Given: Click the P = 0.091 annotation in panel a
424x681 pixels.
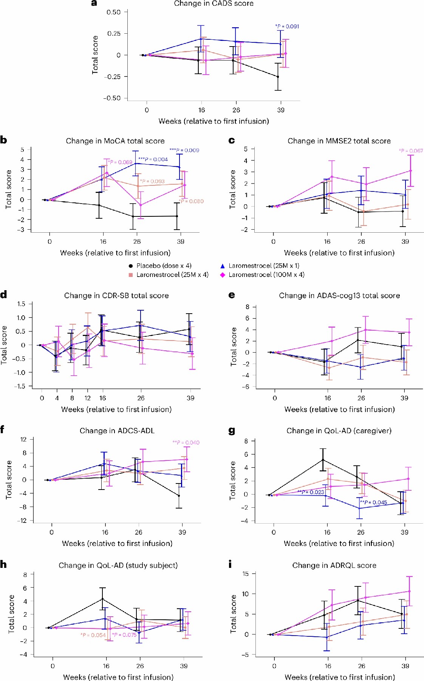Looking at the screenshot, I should (287, 26).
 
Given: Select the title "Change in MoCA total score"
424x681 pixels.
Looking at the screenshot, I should (115, 141).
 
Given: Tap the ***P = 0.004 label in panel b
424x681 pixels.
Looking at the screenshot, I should (153, 159).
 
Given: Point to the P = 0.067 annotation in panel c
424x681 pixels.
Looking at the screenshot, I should (411, 151).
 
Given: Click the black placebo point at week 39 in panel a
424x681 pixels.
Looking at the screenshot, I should (278, 77).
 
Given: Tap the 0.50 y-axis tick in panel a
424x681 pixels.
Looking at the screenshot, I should (114, 12).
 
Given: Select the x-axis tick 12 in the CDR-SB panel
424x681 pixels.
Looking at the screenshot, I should (88, 398).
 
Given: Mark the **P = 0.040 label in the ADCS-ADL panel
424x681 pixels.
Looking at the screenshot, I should (186, 442).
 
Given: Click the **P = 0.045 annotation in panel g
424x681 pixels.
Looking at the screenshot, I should (373, 502).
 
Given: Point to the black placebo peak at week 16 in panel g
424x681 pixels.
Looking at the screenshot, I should (323, 460).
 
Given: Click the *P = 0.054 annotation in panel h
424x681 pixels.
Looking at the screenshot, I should (93, 635).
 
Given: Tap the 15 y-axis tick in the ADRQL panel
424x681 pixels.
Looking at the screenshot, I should (246, 574).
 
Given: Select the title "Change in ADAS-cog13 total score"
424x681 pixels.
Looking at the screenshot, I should (339, 295).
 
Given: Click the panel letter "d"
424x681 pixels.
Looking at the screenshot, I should (4, 294).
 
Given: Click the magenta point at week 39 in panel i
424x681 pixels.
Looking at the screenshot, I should (409, 591).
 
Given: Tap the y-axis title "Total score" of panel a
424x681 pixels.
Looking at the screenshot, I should (95, 55).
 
